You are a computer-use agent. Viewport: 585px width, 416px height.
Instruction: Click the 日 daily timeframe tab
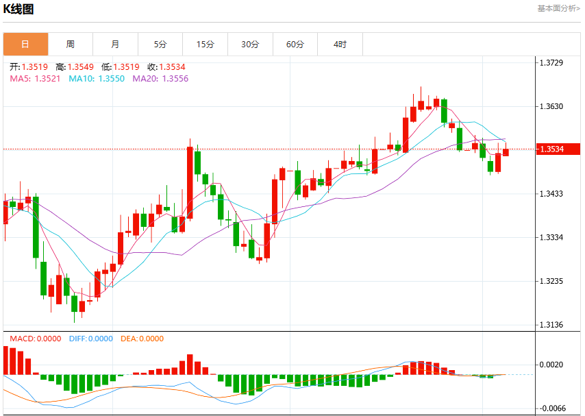pyautogui.click(x=26, y=44)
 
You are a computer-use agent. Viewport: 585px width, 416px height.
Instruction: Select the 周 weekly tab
pyautogui.click(x=71, y=44)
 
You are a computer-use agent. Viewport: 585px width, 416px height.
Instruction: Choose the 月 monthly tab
pyautogui.click(x=115, y=44)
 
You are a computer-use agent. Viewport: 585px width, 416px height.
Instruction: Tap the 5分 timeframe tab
pyautogui.click(x=160, y=44)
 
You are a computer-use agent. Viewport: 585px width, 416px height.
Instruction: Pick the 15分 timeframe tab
pyautogui.click(x=206, y=44)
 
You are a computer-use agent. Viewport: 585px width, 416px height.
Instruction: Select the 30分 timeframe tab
pyautogui.click(x=250, y=44)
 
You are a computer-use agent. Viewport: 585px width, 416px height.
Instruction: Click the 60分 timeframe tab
pyautogui.click(x=295, y=44)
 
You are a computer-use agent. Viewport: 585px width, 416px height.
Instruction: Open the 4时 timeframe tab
pyautogui.click(x=340, y=44)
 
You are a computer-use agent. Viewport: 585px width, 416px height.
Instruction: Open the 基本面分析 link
pyautogui.click(x=558, y=8)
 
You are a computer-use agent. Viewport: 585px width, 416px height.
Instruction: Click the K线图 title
pyautogui.click(x=18, y=9)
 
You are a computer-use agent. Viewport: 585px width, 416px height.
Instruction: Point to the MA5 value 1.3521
pyautogui.click(x=47, y=78)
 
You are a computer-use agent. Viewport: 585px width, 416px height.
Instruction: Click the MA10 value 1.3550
pyautogui.click(x=112, y=78)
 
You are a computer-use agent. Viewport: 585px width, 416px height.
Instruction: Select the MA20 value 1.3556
pyautogui.click(x=175, y=78)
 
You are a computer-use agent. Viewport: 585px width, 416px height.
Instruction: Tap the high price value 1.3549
pyautogui.click(x=81, y=67)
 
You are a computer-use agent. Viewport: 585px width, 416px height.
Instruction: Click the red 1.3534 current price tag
pyautogui.click(x=558, y=149)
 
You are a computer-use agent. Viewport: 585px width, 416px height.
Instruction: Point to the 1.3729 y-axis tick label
pyautogui.click(x=551, y=63)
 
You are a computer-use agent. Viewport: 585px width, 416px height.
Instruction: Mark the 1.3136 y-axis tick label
pyautogui.click(x=551, y=325)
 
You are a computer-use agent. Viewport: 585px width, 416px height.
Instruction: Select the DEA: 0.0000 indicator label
pyautogui.click(x=142, y=339)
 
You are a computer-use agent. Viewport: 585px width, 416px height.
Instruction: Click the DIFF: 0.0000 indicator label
pyautogui.click(x=91, y=339)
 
